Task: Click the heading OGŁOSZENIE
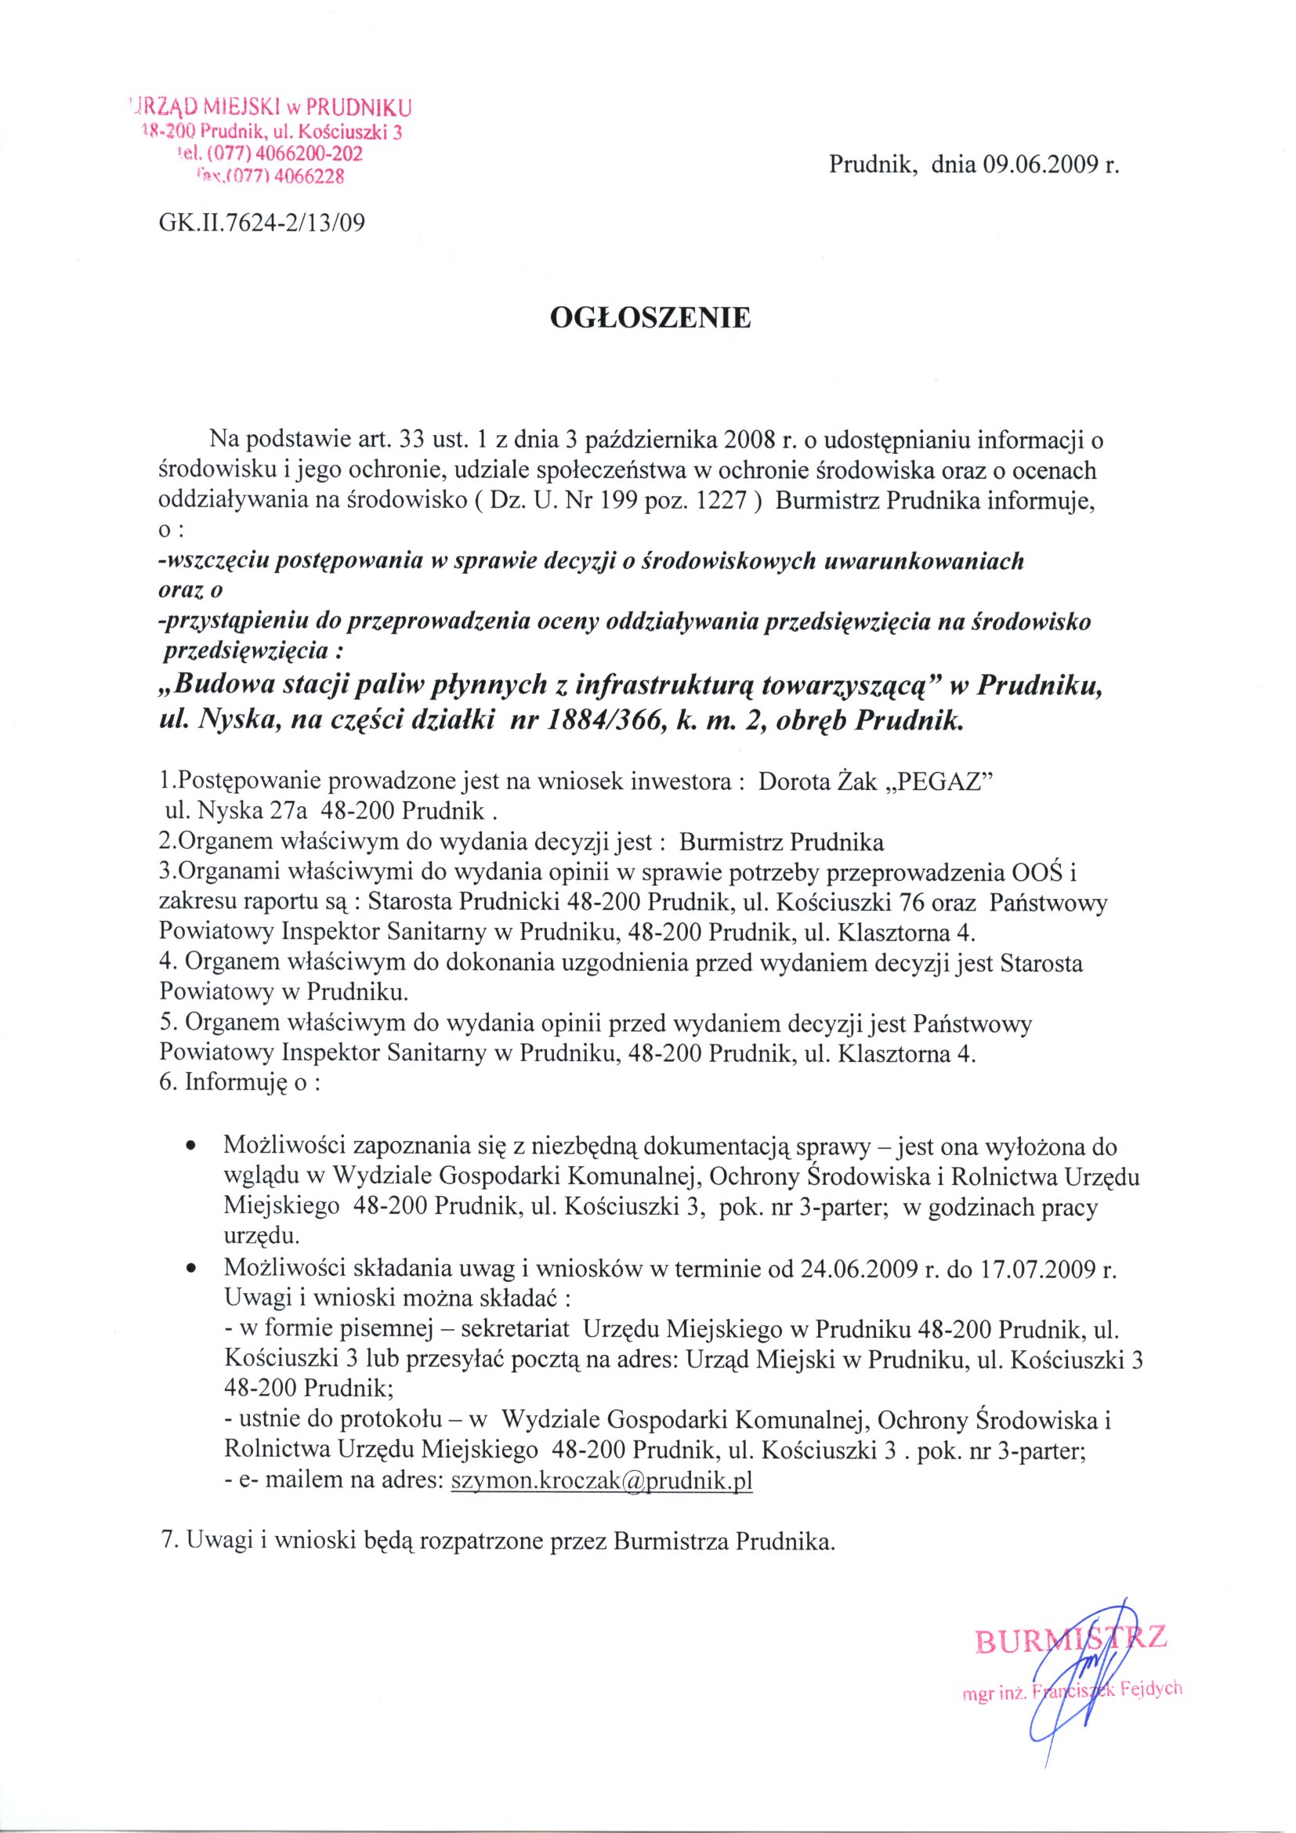click(650, 317)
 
